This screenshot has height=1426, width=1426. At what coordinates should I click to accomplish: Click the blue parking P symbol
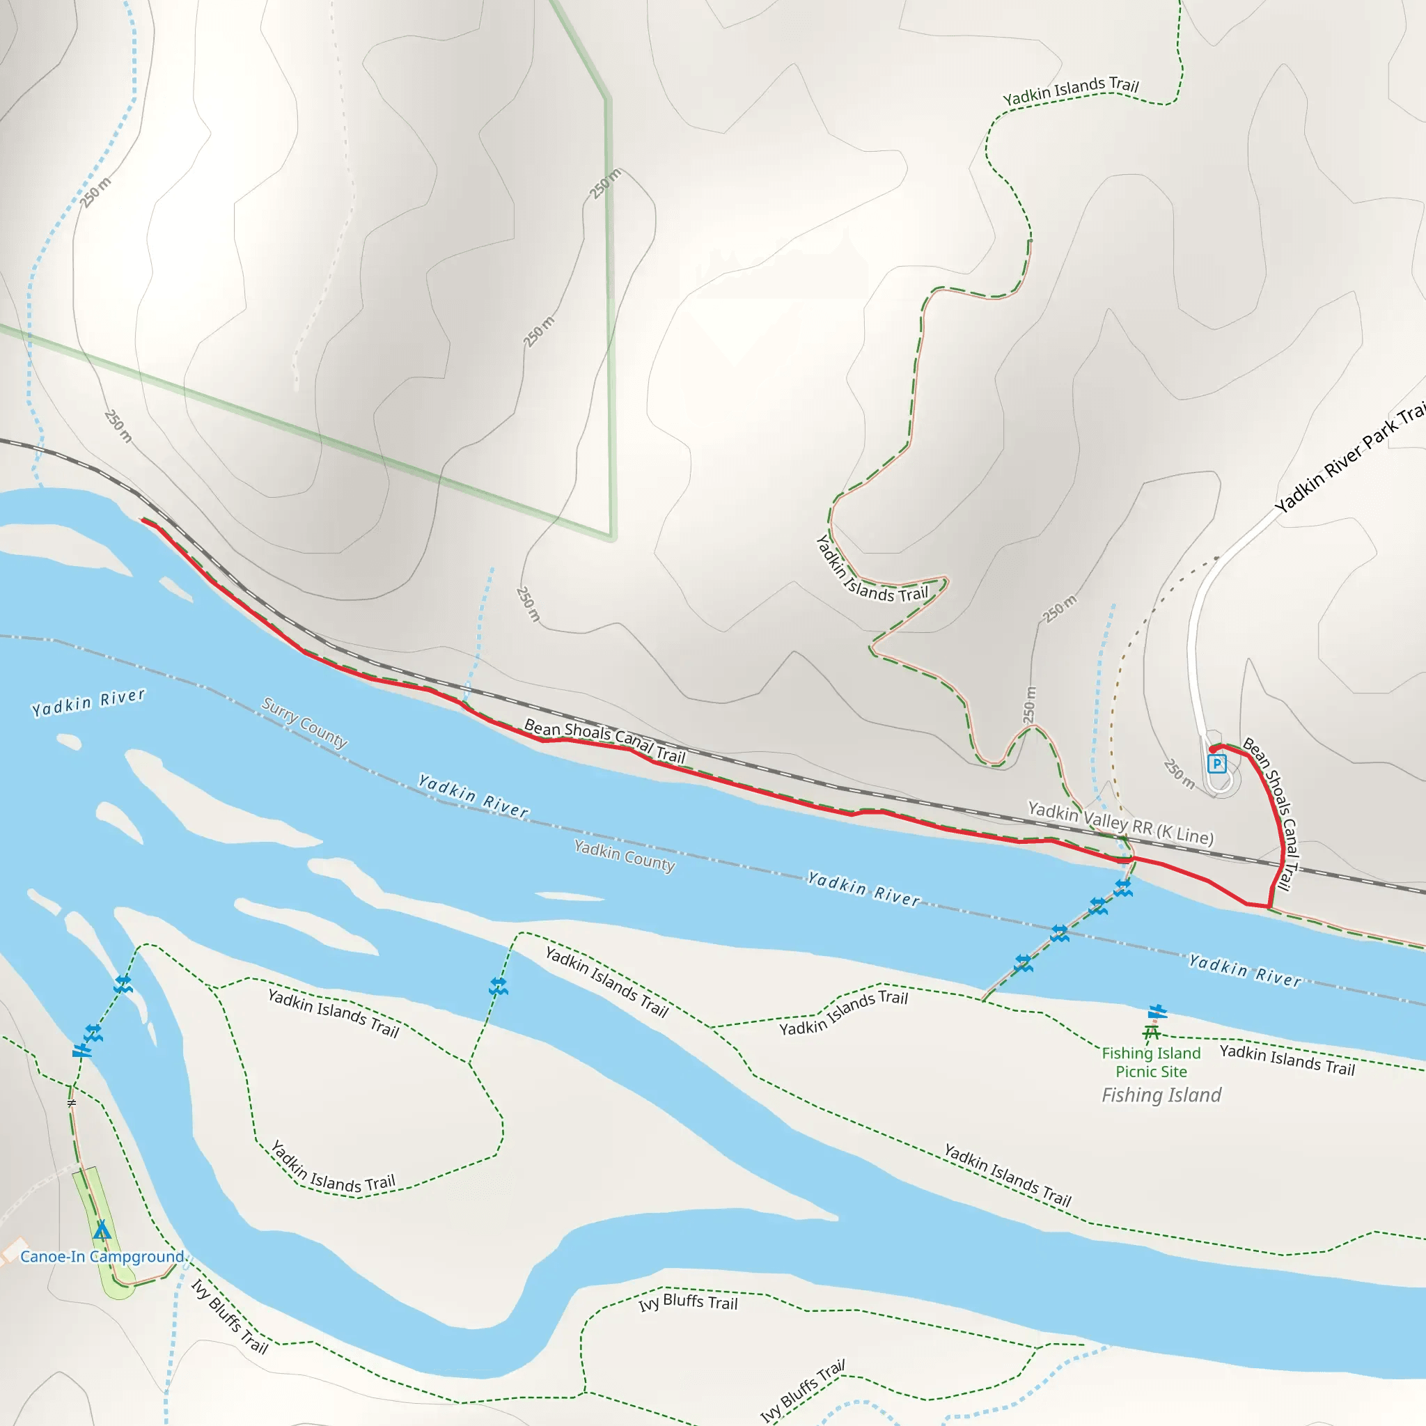coord(1216,764)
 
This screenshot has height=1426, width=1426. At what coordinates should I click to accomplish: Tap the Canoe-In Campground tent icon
coord(102,1230)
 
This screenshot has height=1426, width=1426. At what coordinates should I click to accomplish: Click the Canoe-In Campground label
coord(102,1256)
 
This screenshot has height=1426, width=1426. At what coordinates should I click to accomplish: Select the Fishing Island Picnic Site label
coord(1151,1062)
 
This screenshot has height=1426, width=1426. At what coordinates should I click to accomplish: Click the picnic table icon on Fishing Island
coord(1152,1032)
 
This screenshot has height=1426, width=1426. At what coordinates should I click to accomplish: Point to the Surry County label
coord(304,723)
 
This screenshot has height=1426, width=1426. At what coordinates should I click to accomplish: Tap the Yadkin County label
coord(625,856)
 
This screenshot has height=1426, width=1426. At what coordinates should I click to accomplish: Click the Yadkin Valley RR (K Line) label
coord(1120,823)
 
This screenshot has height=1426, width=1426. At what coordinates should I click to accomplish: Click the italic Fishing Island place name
coord(1161,1095)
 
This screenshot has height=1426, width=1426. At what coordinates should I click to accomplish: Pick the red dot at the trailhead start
coord(1213,749)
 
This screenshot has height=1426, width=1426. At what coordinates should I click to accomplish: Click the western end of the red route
coord(143,520)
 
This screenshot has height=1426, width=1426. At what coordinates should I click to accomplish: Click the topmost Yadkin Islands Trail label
coord(1070,91)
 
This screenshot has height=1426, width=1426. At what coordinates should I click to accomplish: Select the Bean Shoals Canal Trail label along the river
coord(604,740)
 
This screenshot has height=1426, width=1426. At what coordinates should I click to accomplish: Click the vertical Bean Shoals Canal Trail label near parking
coord(1271,813)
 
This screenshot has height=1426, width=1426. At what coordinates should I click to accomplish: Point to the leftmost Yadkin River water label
coord(88,702)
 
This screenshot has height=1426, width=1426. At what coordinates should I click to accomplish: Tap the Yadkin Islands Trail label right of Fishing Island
coord(1287,1059)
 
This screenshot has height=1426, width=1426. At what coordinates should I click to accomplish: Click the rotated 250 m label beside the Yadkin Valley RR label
coord(1030,705)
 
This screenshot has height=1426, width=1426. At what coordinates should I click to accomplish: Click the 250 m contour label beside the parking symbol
coord(1179,774)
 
